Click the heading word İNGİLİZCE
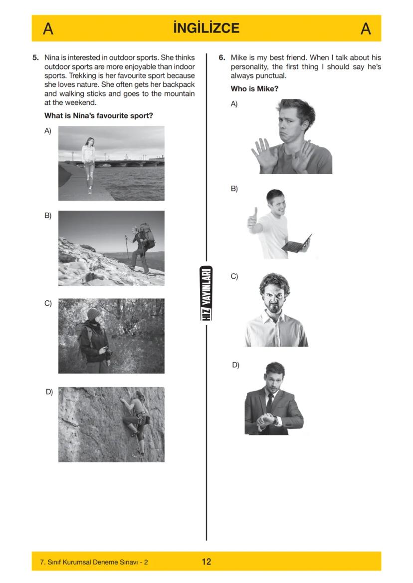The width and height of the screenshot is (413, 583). [x=206, y=28]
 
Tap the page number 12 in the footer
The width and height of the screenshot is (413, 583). [x=206, y=562]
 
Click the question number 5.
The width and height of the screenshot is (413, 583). [x=36, y=57]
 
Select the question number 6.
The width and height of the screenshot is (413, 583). [x=222, y=57]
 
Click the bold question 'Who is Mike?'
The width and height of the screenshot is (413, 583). [x=254, y=89]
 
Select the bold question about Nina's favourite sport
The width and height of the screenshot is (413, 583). [x=98, y=116]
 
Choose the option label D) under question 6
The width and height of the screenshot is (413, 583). [x=235, y=365]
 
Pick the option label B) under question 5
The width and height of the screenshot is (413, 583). [x=48, y=216]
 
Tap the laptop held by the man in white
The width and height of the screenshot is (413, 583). [x=297, y=243]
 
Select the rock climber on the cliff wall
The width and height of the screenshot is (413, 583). [x=136, y=420]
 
